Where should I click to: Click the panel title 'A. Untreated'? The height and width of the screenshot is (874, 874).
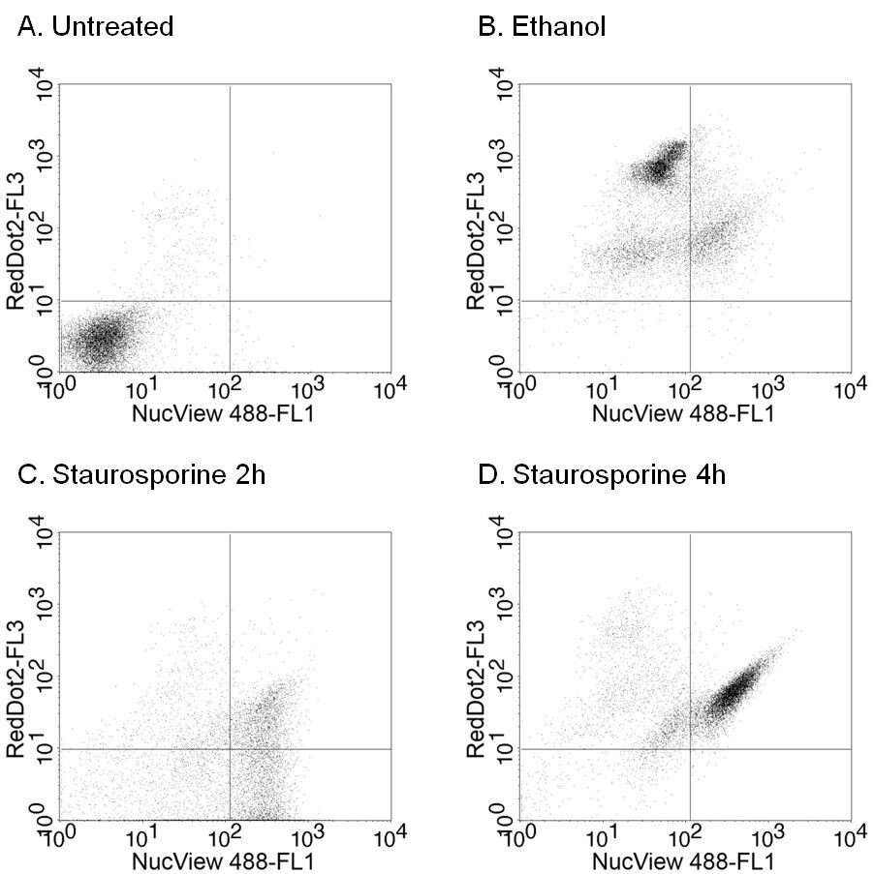tap(96, 27)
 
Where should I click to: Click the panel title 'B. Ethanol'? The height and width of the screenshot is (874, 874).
tap(543, 27)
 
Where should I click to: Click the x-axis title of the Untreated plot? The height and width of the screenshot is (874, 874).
tap(226, 411)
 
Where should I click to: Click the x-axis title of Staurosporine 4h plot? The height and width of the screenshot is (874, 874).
tap(686, 859)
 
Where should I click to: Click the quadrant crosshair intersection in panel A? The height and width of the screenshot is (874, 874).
tap(230, 301)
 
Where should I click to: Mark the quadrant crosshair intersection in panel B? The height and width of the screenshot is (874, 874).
tap(690, 301)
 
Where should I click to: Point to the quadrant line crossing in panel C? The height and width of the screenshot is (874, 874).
tap(230, 749)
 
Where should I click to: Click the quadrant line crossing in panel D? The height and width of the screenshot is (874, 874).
tap(690, 749)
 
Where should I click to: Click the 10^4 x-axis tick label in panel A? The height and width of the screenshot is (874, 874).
tap(390, 389)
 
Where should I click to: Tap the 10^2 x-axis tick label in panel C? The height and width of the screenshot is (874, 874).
tap(226, 837)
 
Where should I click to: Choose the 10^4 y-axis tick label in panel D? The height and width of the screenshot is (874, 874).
tap(502, 531)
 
